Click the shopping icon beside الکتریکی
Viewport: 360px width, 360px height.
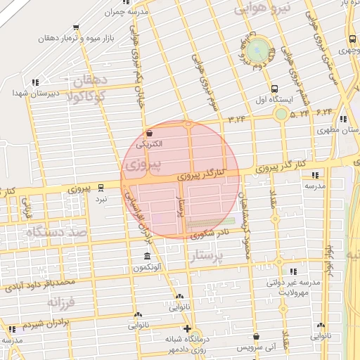click(x=148, y=133)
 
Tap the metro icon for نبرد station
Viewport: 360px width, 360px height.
click(x=101, y=188)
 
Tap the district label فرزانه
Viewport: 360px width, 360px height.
click(x=60, y=302)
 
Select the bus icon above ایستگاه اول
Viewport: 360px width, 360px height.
click(x=274, y=89)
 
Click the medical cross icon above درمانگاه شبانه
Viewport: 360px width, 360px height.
click(x=186, y=329)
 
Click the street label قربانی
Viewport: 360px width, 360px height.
click(x=27, y=209)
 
